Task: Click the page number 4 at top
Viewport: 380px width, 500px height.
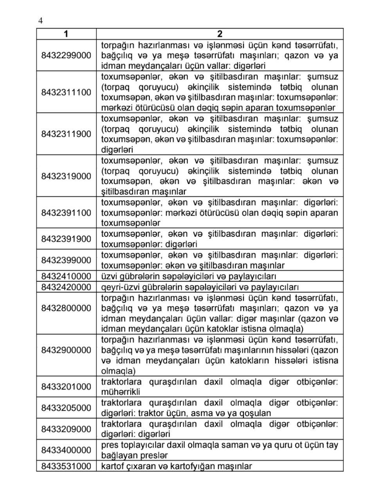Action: coord(40,21)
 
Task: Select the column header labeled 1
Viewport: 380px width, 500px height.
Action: coord(66,34)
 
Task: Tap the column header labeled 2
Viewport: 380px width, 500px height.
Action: coord(220,34)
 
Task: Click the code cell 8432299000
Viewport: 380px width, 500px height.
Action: coord(66,55)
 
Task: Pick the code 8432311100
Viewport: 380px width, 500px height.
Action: coord(66,93)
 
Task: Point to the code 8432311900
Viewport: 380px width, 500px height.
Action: coord(66,134)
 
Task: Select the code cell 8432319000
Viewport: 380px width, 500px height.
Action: coord(66,176)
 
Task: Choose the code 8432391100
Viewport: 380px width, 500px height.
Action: coord(66,213)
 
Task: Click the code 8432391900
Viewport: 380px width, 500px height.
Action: coord(66,239)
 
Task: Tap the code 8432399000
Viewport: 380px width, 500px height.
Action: coord(66,260)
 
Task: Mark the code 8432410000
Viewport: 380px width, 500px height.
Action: coord(66,277)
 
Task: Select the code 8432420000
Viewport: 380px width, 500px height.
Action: coord(66,287)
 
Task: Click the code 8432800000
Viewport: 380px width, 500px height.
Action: coord(66,308)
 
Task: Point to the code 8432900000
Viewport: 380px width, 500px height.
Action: coord(66,350)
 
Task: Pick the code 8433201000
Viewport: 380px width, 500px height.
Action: coord(66,387)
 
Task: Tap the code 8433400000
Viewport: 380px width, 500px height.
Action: coord(66,450)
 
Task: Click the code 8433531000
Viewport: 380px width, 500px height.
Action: coord(66,466)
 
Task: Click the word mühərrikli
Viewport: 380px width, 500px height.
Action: coord(121,392)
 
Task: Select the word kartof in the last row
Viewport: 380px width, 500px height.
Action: coord(112,466)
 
